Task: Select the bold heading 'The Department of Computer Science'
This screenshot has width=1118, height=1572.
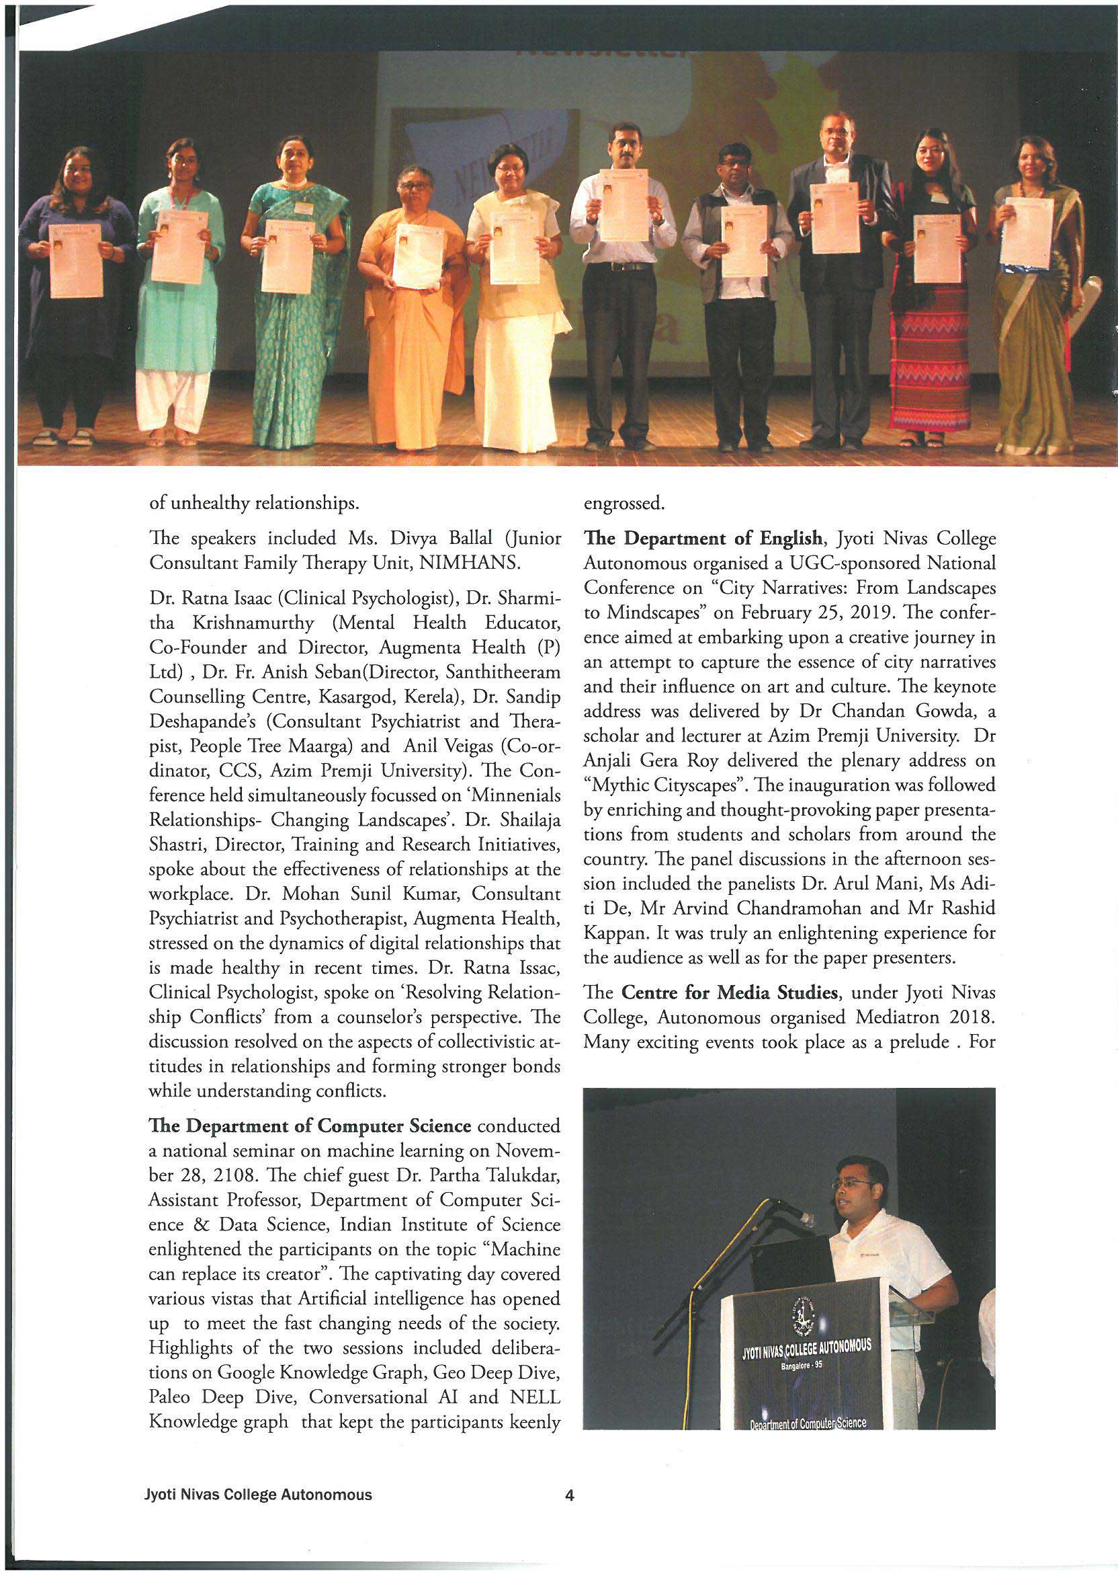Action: [x=310, y=1126]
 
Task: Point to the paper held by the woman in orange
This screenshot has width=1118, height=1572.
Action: [x=418, y=255]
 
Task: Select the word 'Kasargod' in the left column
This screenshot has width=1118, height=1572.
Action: [x=352, y=697]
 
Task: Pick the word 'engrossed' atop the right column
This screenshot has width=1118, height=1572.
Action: [x=623, y=504]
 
